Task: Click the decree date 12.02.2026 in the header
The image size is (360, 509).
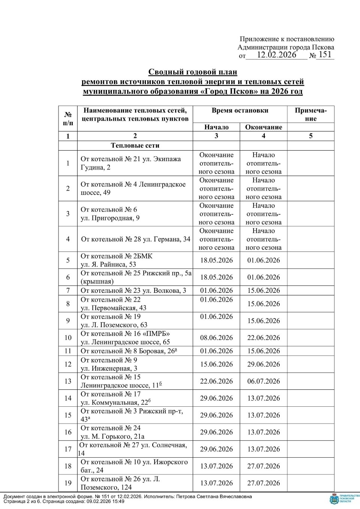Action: click(277, 55)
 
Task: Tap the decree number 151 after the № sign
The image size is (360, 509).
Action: click(325, 55)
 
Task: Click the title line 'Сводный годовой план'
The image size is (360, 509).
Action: click(193, 72)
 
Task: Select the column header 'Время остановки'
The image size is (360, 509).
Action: click(240, 110)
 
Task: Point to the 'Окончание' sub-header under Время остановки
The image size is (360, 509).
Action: click(264, 127)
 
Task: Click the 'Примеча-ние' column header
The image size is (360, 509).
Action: click(311, 114)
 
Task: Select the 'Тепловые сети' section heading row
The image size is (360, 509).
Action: click(135, 145)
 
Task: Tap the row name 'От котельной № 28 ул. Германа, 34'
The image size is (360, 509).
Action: click(136, 239)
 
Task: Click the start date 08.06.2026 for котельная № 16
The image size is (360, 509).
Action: click(216, 338)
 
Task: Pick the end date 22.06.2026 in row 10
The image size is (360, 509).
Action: click(264, 338)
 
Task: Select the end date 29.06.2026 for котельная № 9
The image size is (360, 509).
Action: click(264, 364)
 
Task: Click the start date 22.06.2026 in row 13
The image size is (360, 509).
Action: click(216, 381)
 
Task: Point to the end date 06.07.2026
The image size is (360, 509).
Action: click(264, 381)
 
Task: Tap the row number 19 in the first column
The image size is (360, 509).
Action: click(68, 483)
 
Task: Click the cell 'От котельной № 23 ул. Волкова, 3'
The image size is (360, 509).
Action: click(133, 290)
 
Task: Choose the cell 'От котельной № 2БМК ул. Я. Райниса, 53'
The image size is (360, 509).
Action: click(117, 260)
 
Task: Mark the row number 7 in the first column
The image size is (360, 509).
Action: click(68, 290)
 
